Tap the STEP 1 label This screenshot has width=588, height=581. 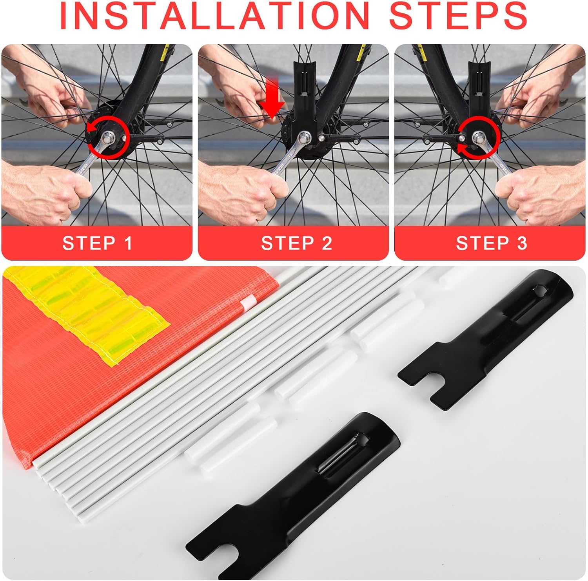98,243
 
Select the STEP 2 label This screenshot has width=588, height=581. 297,243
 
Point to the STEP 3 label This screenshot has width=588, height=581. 492,243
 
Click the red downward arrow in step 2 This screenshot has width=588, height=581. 272,98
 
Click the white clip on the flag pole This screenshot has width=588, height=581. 248,302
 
